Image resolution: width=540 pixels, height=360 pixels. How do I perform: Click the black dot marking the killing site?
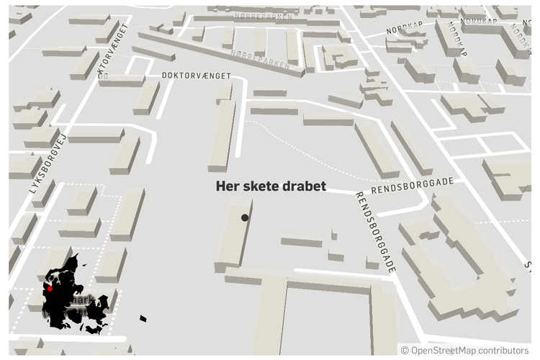[x=245, y=217]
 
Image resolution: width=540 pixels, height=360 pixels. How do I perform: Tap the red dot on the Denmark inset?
[x=50, y=289]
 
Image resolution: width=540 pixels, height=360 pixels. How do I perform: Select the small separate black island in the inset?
[x=143, y=317]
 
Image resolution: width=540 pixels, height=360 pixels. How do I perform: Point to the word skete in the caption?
[x=261, y=186]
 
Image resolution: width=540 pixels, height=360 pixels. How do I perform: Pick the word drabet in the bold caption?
[x=305, y=186]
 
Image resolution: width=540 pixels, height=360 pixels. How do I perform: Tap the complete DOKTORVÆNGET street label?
[x=196, y=75]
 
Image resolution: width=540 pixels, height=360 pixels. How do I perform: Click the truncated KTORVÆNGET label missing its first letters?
[x=114, y=48]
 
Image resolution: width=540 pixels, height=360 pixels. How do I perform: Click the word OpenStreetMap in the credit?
[x=444, y=351]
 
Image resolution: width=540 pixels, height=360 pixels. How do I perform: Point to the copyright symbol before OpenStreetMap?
[x=405, y=351]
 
